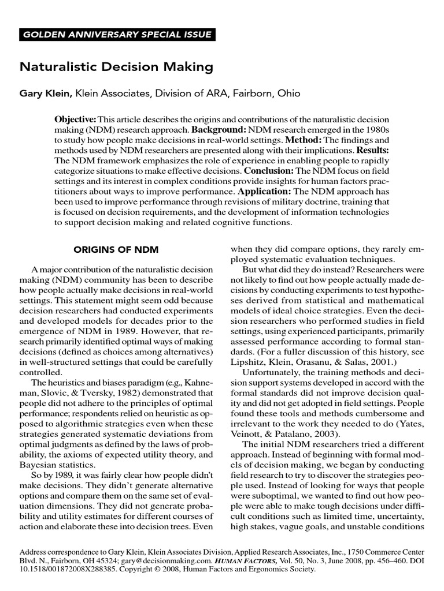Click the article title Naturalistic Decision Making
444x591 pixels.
(117, 67)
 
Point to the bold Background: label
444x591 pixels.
(221, 130)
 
